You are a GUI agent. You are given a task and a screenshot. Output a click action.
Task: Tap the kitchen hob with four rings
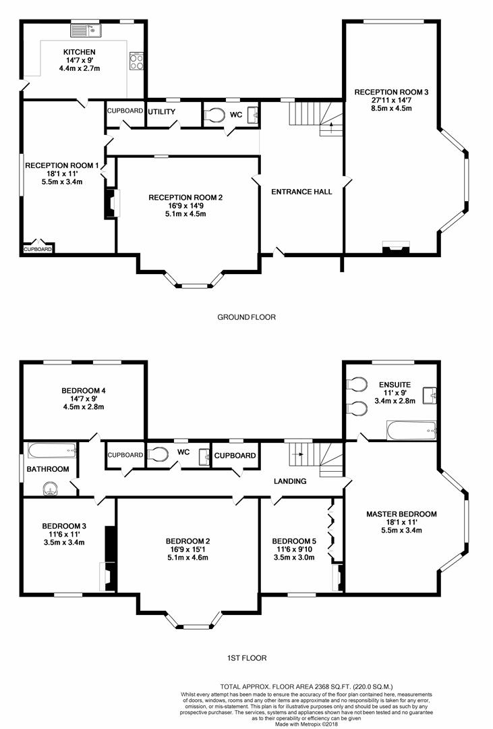tap(137, 62)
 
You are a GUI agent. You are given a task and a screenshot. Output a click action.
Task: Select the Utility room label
tap(162, 111)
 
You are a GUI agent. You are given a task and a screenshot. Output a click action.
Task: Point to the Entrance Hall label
tap(301, 192)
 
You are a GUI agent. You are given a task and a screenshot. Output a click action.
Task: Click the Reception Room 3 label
tap(391, 92)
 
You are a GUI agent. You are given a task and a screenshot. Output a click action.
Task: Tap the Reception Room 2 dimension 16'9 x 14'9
tap(186, 206)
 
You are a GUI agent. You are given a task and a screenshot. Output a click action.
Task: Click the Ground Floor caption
tap(246, 317)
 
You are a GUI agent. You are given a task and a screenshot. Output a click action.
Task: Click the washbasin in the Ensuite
tap(429, 395)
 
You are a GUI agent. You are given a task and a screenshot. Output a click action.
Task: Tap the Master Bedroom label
tap(401, 514)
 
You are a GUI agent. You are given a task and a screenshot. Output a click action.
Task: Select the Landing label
tap(290, 481)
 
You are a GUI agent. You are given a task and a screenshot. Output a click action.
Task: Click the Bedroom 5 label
tap(293, 541)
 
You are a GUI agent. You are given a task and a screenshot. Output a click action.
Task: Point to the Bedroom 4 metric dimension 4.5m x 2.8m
tap(83, 407)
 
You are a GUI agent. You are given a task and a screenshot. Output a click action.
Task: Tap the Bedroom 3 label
tap(63, 526)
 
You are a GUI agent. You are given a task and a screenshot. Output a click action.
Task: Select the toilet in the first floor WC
tap(158, 454)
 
